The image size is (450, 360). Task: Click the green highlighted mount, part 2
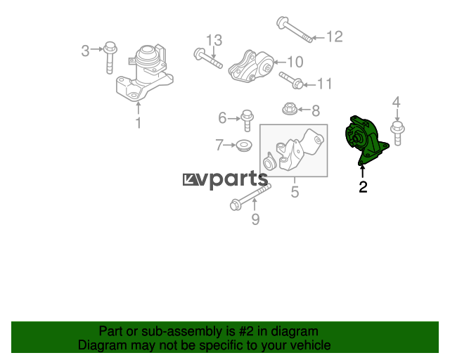point(365,141)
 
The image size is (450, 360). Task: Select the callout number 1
point(139,123)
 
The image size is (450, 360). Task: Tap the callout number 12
point(335,37)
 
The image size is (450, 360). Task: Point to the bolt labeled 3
point(110,57)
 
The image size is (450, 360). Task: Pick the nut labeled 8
point(290,109)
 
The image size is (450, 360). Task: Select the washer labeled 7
point(244,146)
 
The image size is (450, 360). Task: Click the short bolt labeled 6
point(247,120)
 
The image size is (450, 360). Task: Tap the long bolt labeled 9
point(250,197)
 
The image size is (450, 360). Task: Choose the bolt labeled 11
point(291,80)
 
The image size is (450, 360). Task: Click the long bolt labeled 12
point(295,30)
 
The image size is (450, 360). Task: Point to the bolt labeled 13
point(208,58)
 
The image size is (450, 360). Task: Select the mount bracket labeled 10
point(251,67)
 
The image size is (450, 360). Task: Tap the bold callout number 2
point(363,187)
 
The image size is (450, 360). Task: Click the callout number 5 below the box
point(295,191)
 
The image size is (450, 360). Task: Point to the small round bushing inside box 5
point(269,162)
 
